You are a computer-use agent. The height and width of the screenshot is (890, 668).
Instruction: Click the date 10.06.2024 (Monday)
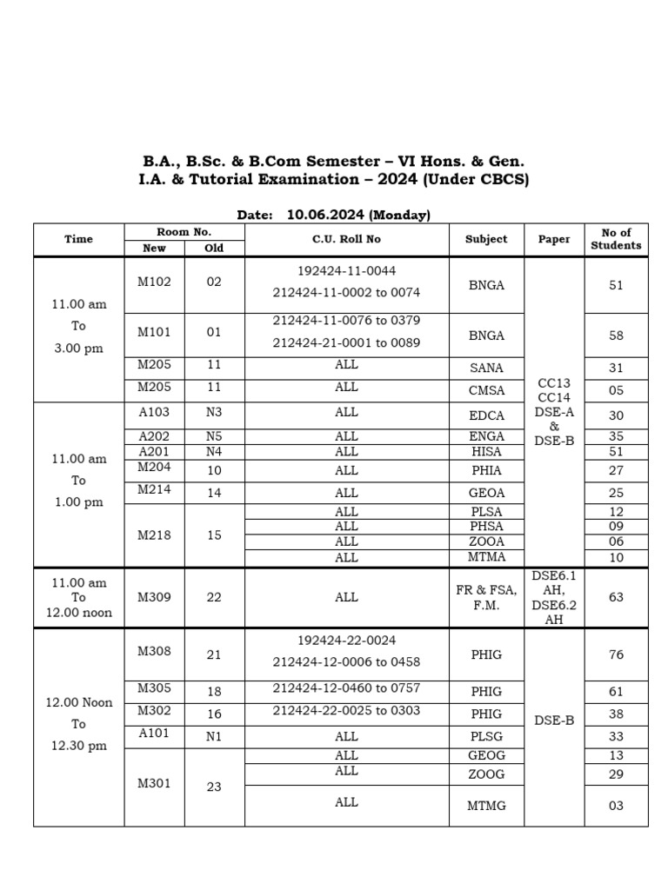coord(358,215)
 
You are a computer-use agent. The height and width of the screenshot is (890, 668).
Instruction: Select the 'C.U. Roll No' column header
coord(346,239)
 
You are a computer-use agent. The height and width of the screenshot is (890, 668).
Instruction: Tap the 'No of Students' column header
coord(616,239)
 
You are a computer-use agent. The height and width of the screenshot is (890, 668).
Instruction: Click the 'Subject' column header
coord(486,239)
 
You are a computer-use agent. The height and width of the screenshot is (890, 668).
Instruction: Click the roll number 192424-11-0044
coord(346,271)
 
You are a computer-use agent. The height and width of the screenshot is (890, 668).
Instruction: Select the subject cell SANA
coord(486,369)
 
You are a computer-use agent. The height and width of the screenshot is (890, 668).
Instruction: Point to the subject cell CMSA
coord(486,391)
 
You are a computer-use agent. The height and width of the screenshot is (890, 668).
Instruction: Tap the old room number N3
coord(214,412)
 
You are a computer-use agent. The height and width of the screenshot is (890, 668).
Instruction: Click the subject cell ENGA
coord(486,436)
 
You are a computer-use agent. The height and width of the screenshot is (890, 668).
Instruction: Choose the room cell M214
coord(154,490)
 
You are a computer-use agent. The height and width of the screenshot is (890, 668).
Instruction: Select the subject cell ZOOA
coord(486,541)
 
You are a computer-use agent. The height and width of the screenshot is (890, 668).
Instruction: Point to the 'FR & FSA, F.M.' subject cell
coord(486,598)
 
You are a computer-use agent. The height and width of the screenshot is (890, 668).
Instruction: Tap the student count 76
coord(616,654)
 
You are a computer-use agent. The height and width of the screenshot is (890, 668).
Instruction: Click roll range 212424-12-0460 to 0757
coord(346,688)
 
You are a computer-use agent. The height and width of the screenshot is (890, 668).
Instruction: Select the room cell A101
coord(154,734)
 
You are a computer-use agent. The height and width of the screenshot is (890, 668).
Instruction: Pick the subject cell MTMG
coord(486,806)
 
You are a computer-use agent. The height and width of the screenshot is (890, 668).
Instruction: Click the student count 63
coord(616,598)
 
